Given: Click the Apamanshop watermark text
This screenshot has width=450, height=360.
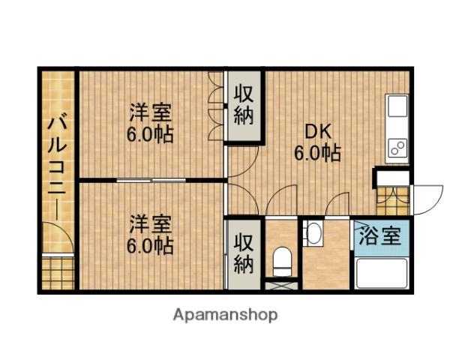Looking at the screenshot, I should (x=226, y=315).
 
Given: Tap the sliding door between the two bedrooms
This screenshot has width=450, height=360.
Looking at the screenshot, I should (x=152, y=180).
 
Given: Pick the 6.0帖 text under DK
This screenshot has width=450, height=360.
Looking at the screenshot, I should (x=316, y=154).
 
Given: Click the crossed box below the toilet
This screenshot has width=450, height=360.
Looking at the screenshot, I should (x=282, y=285).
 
